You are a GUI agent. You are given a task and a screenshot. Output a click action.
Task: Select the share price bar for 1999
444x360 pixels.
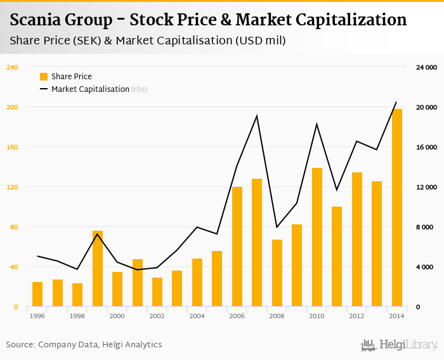pos(98,269)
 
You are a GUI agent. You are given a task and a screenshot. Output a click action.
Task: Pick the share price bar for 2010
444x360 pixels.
pos(317,237)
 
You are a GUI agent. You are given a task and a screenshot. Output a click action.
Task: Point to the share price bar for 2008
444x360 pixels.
pos(277,273)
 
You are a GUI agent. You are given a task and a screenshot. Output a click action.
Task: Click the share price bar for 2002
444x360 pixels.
pos(157,292)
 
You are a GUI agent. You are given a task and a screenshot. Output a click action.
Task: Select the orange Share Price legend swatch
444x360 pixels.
pos(44,77)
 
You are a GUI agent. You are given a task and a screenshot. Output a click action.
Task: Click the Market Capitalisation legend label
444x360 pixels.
pos(90,89)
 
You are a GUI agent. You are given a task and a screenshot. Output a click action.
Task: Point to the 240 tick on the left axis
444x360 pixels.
pos(11,67)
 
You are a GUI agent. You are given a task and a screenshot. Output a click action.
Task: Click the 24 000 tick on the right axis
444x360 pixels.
pos(426,67)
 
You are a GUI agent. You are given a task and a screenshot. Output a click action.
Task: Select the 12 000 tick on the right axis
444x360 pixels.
pos(426,187)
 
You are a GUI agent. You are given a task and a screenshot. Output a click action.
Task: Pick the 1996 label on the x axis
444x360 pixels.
pos(37,316)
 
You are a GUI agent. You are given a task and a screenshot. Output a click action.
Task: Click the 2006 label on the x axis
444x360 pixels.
pos(237,316)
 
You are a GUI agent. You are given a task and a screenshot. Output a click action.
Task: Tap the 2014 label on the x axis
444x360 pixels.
pos(397,316)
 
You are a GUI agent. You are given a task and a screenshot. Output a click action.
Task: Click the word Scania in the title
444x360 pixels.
pos(34,20)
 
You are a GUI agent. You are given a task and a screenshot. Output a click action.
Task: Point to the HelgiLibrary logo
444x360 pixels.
pos(400,345)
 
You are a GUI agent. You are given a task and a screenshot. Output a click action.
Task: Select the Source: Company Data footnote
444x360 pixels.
pos(84,345)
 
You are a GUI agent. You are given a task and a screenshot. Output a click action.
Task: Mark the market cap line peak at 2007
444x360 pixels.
pos(257,115)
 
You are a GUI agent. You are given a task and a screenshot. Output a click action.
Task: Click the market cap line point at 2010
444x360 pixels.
pos(317,124)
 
